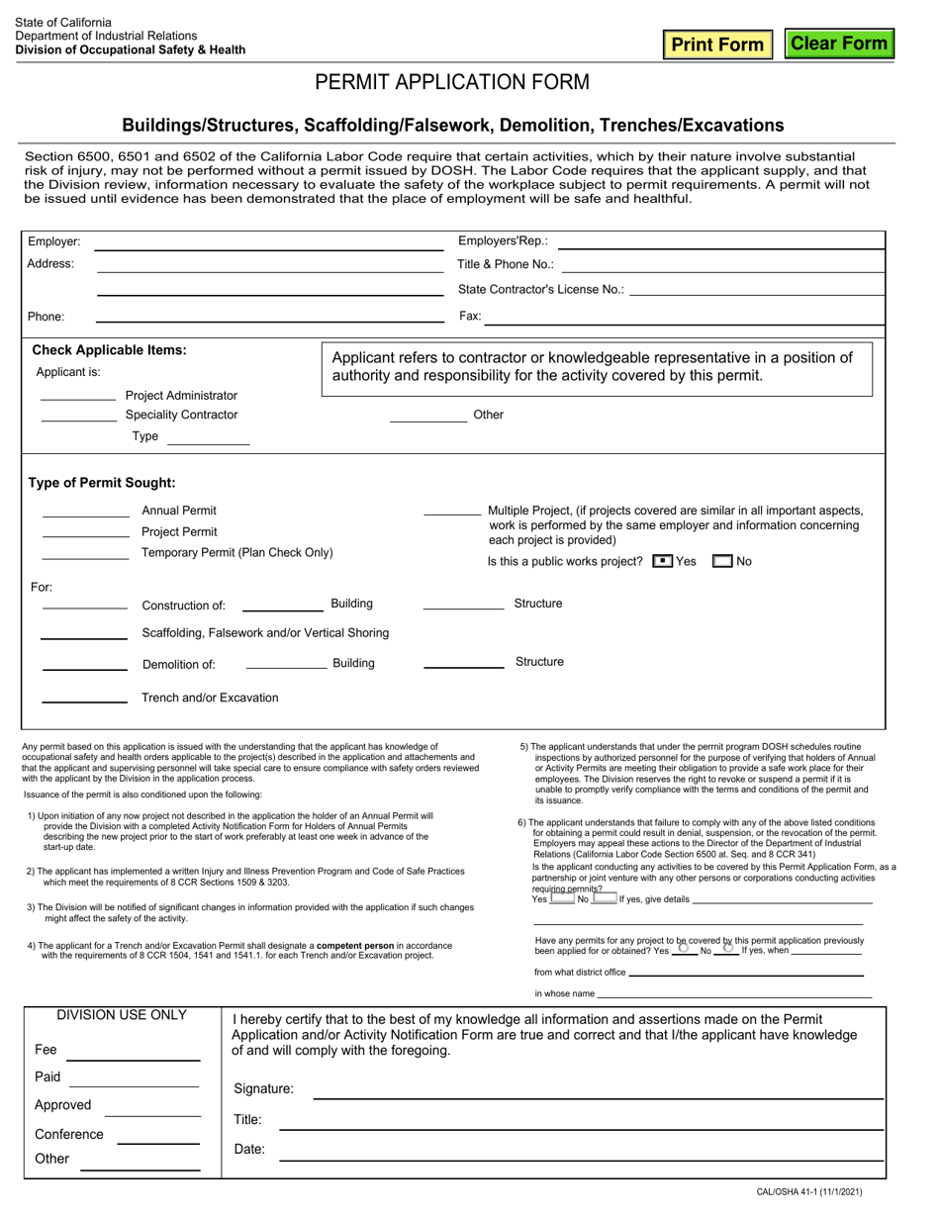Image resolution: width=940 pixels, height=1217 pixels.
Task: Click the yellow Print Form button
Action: point(718,45)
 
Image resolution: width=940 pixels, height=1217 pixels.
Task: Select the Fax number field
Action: point(685,317)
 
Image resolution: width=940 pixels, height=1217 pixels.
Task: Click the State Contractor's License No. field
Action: point(756,290)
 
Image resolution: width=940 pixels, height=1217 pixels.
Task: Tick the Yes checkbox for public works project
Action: point(663,561)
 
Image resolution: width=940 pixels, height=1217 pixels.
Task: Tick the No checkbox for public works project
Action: point(722,561)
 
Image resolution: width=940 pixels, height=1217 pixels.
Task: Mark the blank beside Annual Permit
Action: point(85,511)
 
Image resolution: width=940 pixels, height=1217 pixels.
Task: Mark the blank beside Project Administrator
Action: point(78,396)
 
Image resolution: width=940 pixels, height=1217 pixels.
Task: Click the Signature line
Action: point(598,1089)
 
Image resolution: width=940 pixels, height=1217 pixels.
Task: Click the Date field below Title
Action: point(581,1151)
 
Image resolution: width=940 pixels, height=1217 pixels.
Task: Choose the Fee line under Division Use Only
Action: point(133,1051)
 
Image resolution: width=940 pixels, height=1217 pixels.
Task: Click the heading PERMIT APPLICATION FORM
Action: point(452,82)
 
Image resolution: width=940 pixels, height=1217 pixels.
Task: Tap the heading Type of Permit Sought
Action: point(102,483)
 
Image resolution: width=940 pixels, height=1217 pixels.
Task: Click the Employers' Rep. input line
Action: point(721,242)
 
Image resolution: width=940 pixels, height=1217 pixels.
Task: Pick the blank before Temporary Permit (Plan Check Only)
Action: point(85,553)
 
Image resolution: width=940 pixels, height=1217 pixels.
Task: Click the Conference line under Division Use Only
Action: point(158,1136)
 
